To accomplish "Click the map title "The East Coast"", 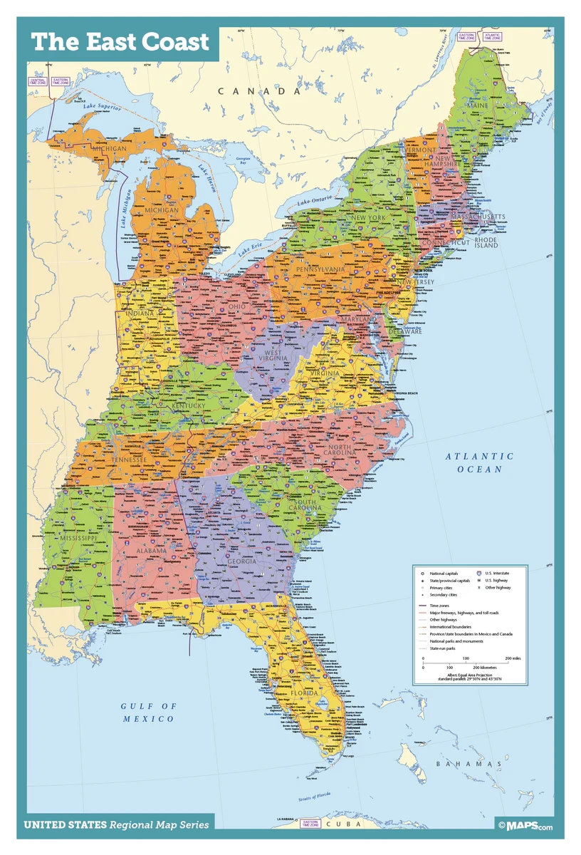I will pos(120,42).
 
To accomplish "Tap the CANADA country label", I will pos(259,91).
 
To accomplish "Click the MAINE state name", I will pos(498,105).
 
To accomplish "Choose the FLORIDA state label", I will pos(303,693).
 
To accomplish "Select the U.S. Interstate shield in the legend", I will pos(480,573).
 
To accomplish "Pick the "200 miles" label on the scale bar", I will pos(513,658).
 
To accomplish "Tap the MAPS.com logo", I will pos(525,826).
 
